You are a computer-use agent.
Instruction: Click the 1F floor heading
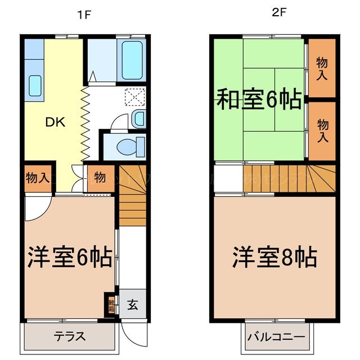84,15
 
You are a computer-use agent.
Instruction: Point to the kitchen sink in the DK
35,85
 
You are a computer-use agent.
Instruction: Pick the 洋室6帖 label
70,258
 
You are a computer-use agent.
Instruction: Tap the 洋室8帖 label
274,258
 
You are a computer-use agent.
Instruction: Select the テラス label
70,337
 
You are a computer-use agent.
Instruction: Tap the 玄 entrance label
133,305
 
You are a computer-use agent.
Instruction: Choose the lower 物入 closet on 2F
322,130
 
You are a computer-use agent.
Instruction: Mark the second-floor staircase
287,178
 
